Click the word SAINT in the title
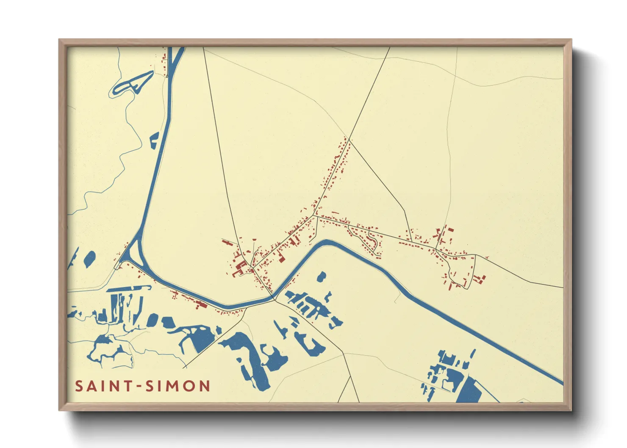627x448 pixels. (101, 386)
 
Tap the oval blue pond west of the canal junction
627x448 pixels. (90, 258)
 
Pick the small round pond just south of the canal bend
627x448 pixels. (322, 277)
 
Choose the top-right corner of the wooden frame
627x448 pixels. (571, 40)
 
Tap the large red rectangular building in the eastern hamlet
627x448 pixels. (450, 229)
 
